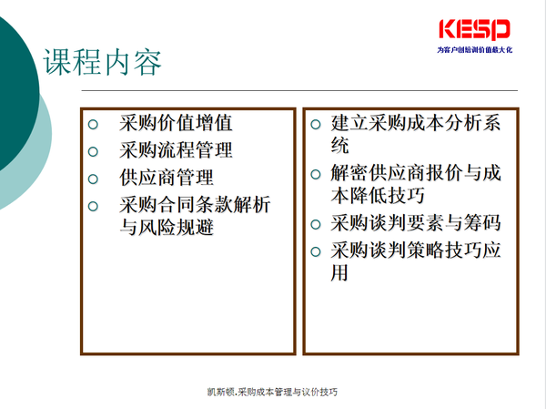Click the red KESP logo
pyautogui.click(x=475, y=30)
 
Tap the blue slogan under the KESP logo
pyautogui.click(x=475, y=50)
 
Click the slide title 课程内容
pyautogui.click(x=102, y=63)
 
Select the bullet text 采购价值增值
pyautogui.click(x=176, y=123)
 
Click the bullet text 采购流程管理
pyautogui.click(x=176, y=150)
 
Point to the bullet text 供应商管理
pyautogui.click(x=167, y=178)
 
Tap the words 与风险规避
pyautogui.click(x=167, y=228)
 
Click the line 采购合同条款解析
pyautogui.click(x=195, y=205)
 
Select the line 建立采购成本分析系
pyautogui.click(x=416, y=123)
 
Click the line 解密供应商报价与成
pyautogui.click(x=416, y=173)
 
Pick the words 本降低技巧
pyautogui.click(x=378, y=196)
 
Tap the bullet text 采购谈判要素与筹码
pyautogui.click(x=416, y=223)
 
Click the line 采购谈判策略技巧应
pyautogui.click(x=416, y=250)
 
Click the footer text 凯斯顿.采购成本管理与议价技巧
pyautogui.click(x=272, y=392)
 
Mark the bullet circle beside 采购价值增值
pyautogui.click(x=93, y=124)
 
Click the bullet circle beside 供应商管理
pyautogui.click(x=93, y=179)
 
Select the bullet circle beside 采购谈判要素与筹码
pyautogui.click(x=316, y=224)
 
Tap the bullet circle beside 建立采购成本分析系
pyautogui.click(x=316, y=125)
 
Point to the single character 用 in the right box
pyautogui.click(x=339, y=272)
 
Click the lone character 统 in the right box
pyautogui.click(x=339, y=146)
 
